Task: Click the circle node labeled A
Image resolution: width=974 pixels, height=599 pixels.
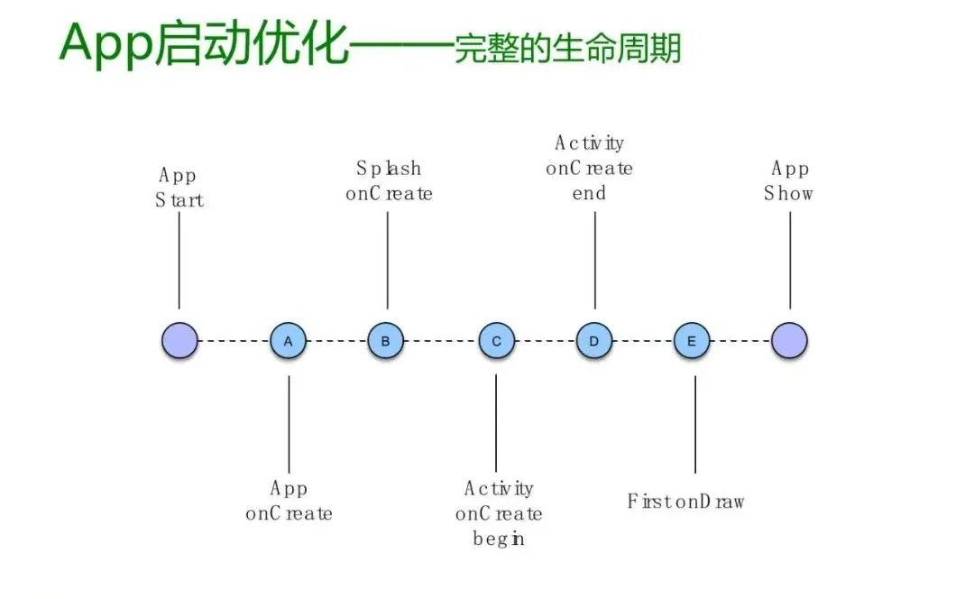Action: click(x=289, y=341)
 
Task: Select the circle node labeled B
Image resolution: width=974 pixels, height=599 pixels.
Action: click(x=386, y=341)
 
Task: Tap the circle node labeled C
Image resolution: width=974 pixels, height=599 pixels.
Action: click(x=496, y=341)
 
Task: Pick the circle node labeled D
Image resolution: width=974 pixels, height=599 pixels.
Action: click(x=594, y=341)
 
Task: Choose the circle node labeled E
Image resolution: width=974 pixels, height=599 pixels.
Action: click(x=692, y=341)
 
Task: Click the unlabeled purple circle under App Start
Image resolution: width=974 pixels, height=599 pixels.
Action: click(x=179, y=341)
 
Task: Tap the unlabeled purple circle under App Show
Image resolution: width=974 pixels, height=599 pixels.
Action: click(x=789, y=341)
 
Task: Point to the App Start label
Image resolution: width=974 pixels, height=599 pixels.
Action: click(x=179, y=188)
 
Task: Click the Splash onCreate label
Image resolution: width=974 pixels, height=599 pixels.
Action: click(x=389, y=181)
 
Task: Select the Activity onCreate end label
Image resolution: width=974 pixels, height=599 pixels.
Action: click(x=590, y=169)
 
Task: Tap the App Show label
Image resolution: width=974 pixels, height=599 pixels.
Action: click(x=789, y=181)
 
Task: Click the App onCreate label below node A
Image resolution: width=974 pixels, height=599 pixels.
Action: click(x=289, y=502)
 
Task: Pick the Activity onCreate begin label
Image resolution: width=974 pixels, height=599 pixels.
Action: click(x=499, y=514)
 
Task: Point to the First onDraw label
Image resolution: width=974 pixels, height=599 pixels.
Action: click(x=685, y=502)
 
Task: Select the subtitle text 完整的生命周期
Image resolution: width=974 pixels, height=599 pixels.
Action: click(x=567, y=50)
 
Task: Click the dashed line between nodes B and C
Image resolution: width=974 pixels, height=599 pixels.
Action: click(x=441, y=341)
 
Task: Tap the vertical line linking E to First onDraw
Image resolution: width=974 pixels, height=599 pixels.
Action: click(x=694, y=424)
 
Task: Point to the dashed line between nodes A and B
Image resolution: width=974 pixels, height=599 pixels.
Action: click(x=337, y=341)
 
